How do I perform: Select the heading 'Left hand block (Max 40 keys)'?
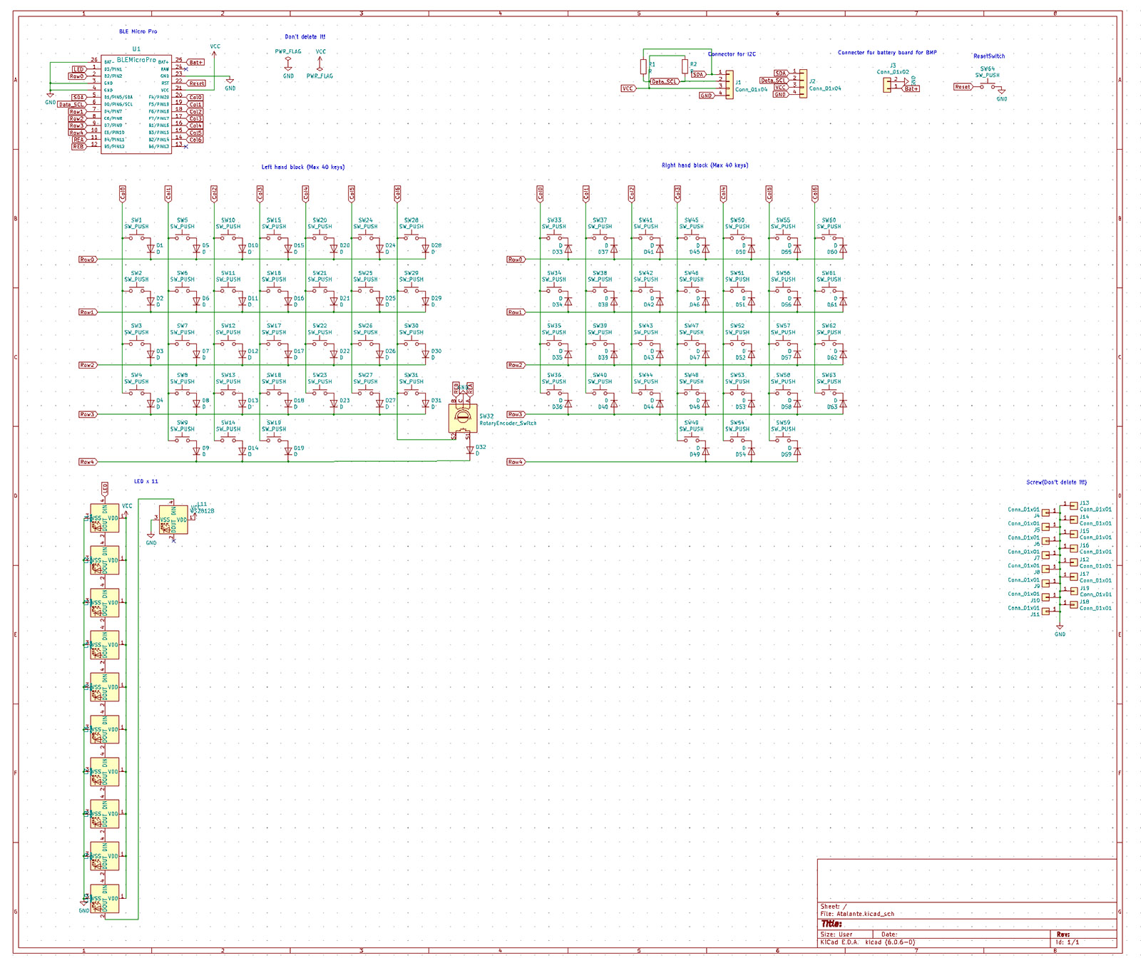coord(302,168)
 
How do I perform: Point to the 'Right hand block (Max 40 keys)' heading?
coord(705,165)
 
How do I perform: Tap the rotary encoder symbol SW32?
coord(462,418)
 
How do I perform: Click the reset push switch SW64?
coord(988,85)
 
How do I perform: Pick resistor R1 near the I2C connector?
coord(643,66)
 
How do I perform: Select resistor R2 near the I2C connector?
coord(685,66)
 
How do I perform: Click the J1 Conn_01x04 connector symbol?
coord(729,84)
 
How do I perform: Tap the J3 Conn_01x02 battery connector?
coord(887,84)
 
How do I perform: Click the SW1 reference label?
coord(136,220)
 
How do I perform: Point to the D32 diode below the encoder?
coord(469,450)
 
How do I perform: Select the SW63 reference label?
coord(829,375)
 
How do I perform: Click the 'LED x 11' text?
coord(146,482)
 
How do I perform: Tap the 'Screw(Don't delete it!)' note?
coord(1056,483)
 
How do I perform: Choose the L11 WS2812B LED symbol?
coord(173,520)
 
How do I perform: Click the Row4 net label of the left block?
coord(87,462)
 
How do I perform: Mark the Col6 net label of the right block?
coord(815,193)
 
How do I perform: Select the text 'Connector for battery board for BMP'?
coord(887,53)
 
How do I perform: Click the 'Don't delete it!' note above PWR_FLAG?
coord(305,37)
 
